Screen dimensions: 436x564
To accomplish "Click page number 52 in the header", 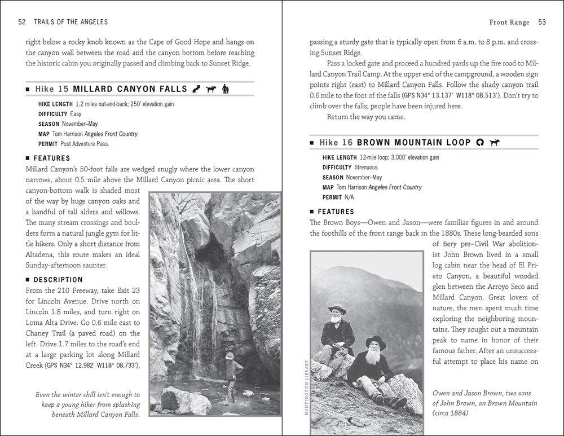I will pyautogui.click(x=23, y=22).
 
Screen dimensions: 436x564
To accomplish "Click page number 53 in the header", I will pyautogui.click(x=541, y=22).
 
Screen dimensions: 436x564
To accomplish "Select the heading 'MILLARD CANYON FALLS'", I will pyautogui.click(x=130, y=89).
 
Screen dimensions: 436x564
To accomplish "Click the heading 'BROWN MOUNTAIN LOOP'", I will pyautogui.click(x=414, y=143).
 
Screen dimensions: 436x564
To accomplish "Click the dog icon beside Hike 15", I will pyautogui.click(x=210, y=89).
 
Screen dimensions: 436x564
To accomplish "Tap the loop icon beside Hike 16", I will pyautogui.click(x=481, y=143).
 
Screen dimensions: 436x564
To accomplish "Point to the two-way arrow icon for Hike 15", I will pyautogui.click(x=197, y=89).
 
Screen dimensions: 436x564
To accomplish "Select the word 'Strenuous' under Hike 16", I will pyautogui.click(x=366, y=168).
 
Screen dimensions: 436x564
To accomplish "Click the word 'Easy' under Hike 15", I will pyautogui.click(x=76, y=114).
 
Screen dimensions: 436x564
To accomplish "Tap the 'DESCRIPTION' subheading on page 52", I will pyautogui.click(x=58, y=280).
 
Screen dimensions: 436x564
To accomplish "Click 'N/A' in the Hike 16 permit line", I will pyautogui.click(x=351, y=197).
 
